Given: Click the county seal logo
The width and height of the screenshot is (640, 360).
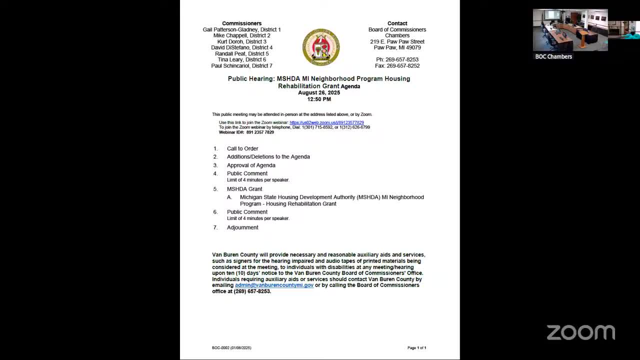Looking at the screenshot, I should (x=321, y=47).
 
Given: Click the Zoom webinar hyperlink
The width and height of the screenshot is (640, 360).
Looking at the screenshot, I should (x=326, y=122).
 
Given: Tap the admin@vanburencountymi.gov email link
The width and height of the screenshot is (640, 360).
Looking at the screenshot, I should (x=274, y=285).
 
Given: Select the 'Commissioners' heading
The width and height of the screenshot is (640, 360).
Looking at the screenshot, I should (x=241, y=23).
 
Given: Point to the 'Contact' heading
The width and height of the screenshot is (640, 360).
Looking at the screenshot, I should (x=397, y=23).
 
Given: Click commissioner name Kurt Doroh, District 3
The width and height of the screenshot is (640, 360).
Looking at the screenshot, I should (x=241, y=41).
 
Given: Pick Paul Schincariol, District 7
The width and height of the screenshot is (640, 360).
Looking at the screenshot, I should (x=241, y=65).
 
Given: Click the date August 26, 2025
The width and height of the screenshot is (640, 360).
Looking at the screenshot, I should (x=319, y=92).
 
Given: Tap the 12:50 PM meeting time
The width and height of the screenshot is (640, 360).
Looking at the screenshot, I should (x=319, y=99).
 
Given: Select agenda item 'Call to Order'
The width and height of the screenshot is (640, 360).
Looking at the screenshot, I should (x=242, y=148).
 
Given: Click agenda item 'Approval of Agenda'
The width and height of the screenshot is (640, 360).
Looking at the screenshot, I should (x=251, y=165).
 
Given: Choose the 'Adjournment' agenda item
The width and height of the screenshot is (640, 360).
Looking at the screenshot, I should (x=242, y=227).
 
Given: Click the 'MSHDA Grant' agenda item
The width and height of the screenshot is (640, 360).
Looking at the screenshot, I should (x=244, y=189).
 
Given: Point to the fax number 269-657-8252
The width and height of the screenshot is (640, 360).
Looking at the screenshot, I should (x=397, y=65).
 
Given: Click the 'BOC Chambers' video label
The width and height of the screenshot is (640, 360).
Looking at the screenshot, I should (x=553, y=56).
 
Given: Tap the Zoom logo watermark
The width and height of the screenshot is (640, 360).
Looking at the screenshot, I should (x=580, y=332).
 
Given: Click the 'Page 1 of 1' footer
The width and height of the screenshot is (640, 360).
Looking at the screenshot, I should (x=416, y=347).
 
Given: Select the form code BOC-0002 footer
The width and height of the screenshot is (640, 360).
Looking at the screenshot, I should (x=231, y=347).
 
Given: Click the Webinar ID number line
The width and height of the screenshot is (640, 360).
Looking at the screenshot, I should (x=246, y=132).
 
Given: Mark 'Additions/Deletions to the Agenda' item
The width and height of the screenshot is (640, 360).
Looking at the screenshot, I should (x=268, y=156).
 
